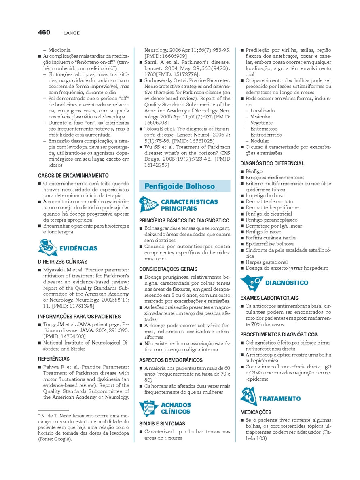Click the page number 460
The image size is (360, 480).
coord(44,32)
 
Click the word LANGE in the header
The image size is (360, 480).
coord(71,33)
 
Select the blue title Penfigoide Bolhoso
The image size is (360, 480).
coord(180,186)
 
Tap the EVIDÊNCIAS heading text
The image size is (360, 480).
coord(78,248)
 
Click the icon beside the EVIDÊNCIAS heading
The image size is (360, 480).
coord(47,247)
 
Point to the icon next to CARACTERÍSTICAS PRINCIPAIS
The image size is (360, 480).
coord(148,204)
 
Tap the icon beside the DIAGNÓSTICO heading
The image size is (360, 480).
coord(249,282)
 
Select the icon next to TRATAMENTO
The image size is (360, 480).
coord(248,397)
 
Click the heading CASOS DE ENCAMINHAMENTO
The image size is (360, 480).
coord(73,176)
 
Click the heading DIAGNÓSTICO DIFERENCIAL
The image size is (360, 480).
coord(272,163)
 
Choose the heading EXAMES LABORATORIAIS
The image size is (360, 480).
coord(269,298)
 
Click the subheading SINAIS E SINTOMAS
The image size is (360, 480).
coord(162,423)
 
